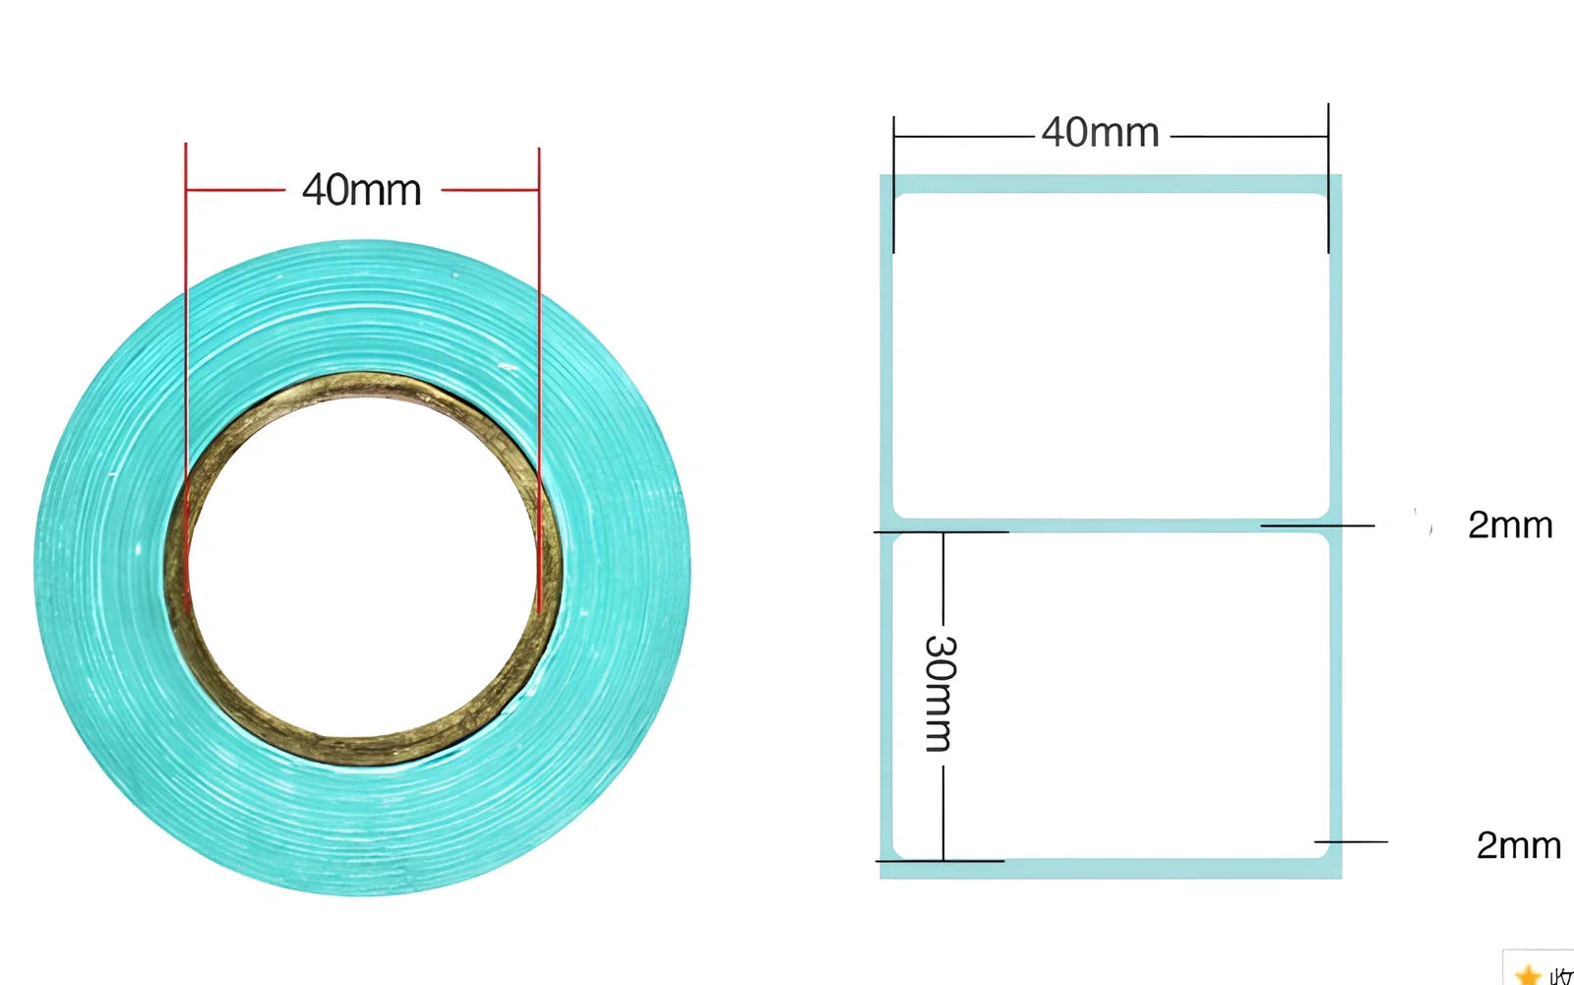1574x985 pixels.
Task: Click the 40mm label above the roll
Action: (x=361, y=189)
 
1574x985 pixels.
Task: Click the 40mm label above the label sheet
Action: (x=1100, y=132)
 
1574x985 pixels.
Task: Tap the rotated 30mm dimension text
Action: (x=939, y=693)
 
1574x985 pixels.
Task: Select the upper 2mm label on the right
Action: (x=1509, y=524)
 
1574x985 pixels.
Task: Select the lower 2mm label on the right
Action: (x=1518, y=845)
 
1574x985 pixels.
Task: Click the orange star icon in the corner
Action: (x=1528, y=974)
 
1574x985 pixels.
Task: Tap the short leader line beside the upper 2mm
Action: (x=1317, y=525)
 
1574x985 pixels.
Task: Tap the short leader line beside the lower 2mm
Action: (x=1351, y=842)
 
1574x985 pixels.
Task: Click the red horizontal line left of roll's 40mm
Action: (x=235, y=189)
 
